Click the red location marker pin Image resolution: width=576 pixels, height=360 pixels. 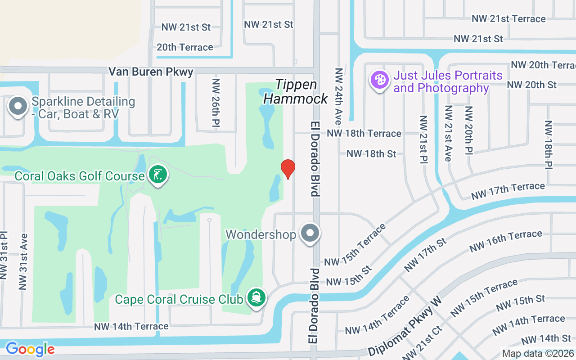coord(288,169)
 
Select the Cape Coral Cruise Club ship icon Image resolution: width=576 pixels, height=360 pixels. coord(256,298)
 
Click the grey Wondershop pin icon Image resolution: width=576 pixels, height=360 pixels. coord(310,234)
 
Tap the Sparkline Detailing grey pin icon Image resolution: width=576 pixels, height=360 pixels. coord(18,107)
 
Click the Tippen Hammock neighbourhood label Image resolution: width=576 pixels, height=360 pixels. coord(296,91)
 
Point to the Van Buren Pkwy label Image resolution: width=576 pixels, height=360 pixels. coord(151,72)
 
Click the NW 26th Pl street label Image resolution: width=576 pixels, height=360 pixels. coord(216,102)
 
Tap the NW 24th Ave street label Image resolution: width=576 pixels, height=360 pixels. coord(339,96)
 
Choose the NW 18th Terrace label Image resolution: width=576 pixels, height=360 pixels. coord(364,133)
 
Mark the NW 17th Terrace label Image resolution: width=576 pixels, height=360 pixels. coord(508,191)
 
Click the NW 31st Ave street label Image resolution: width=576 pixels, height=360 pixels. coord(23,261)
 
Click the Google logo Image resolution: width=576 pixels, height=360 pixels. coord(30,349)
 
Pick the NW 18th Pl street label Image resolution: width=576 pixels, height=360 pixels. coord(548,144)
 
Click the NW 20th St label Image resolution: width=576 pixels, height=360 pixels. coord(531,85)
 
